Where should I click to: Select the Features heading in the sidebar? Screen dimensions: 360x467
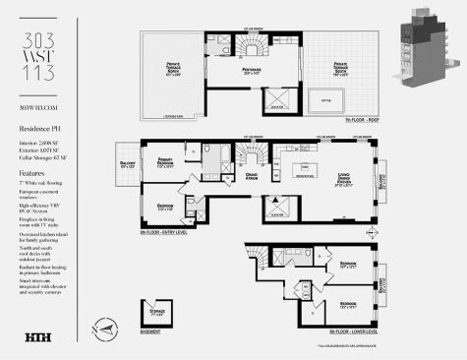[x=34, y=172]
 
